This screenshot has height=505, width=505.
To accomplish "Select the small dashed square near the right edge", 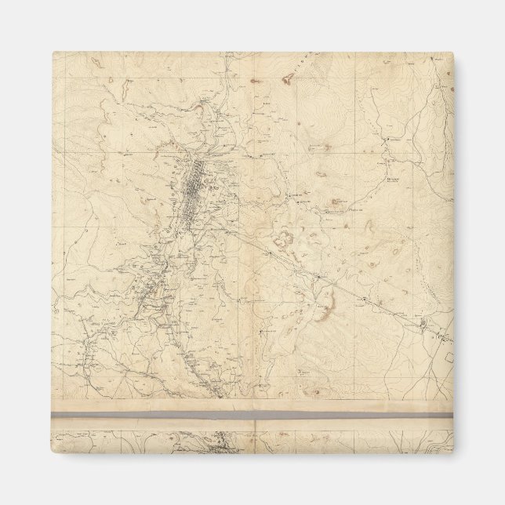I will pos(449,357).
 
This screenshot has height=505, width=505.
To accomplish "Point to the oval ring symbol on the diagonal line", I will pos(424,323).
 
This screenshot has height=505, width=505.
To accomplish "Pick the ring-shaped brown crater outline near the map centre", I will pos(285,238).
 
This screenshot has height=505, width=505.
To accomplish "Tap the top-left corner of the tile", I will pos(53,53).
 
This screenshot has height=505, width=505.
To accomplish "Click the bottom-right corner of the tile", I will pos(453,453).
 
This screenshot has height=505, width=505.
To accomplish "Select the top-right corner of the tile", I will pos(453,53).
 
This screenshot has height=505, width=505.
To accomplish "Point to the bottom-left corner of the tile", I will pos(53,453).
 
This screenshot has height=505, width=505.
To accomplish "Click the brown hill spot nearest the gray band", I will pos(314,390).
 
